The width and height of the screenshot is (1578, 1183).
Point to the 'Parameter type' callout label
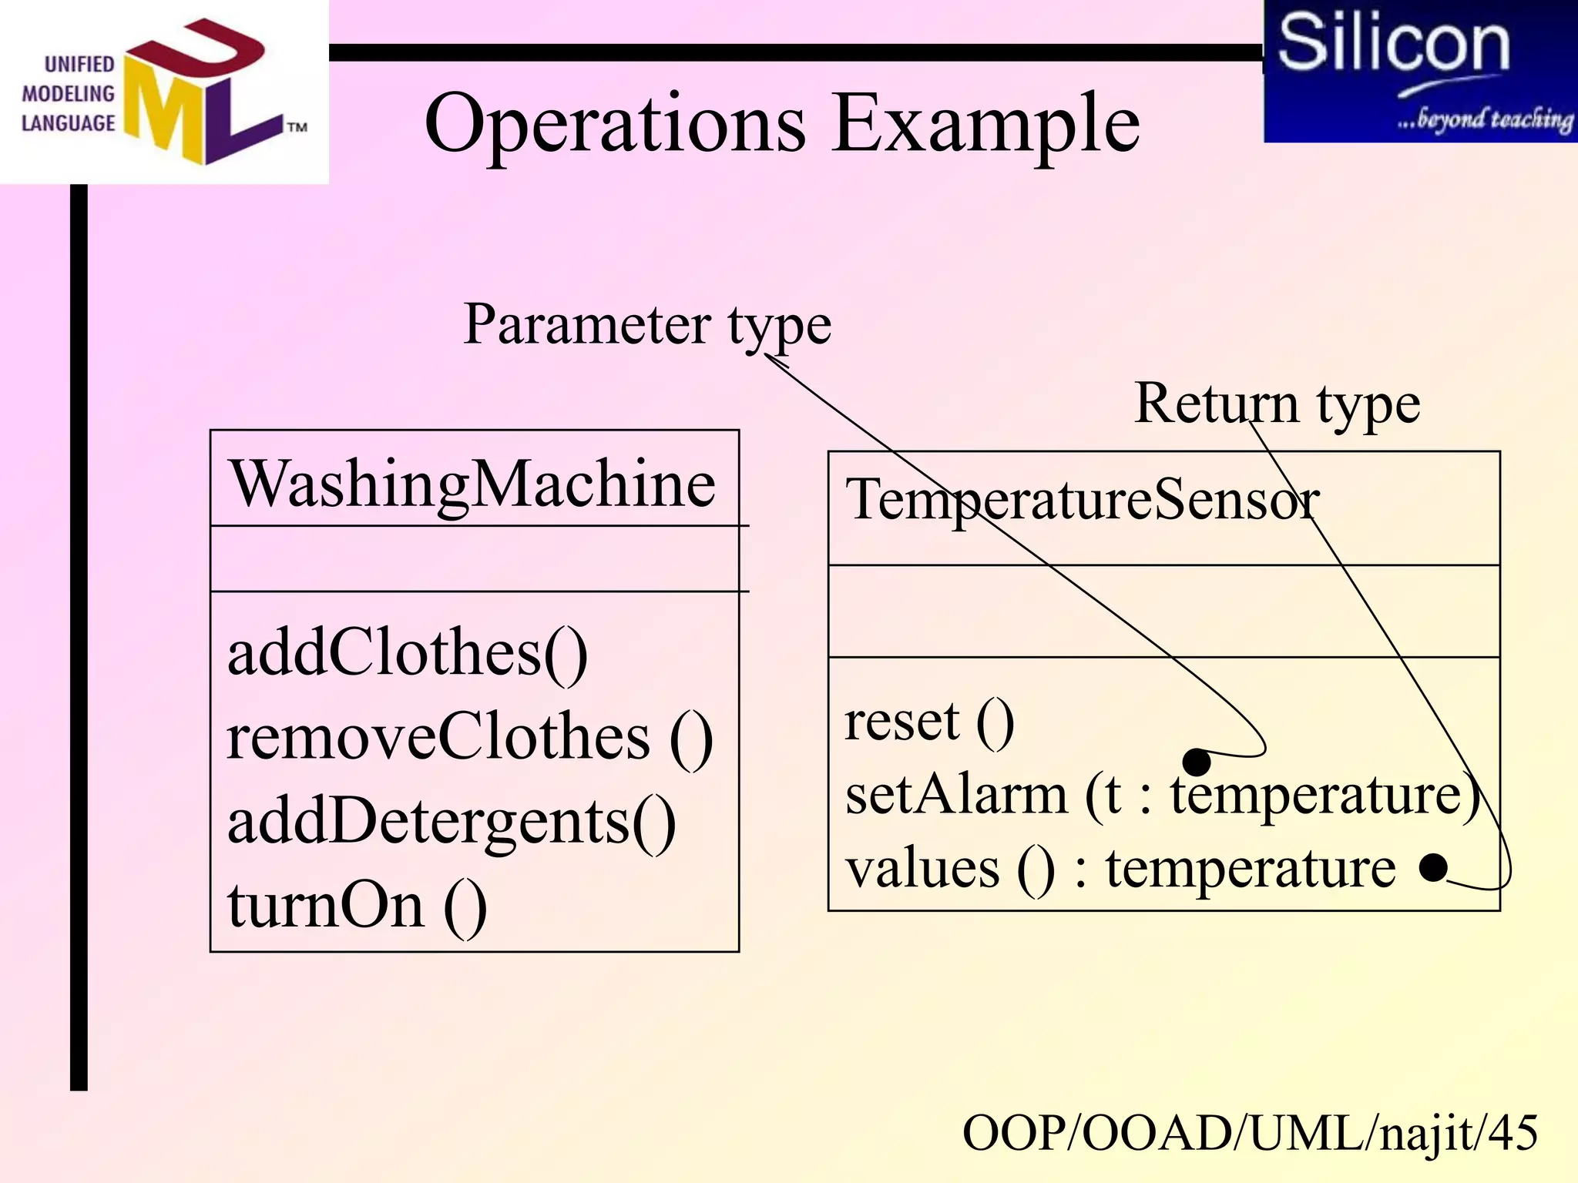click(x=647, y=324)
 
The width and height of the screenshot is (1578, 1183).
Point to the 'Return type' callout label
click(x=1277, y=403)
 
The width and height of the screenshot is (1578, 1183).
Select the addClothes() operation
click(x=407, y=652)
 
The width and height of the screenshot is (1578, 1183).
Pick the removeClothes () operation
click(x=468, y=737)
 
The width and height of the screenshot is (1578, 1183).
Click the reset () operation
click(x=928, y=722)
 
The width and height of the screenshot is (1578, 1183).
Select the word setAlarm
click(x=955, y=795)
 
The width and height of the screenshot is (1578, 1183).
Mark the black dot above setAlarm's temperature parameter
click(x=1196, y=762)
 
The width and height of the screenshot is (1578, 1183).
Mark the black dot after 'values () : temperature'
click(x=1433, y=867)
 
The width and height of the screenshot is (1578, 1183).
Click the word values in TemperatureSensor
click(x=922, y=869)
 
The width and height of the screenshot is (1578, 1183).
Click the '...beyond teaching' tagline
click(x=1484, y=119)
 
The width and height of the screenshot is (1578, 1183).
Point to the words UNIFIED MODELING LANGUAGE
click(x=68, y=94)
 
